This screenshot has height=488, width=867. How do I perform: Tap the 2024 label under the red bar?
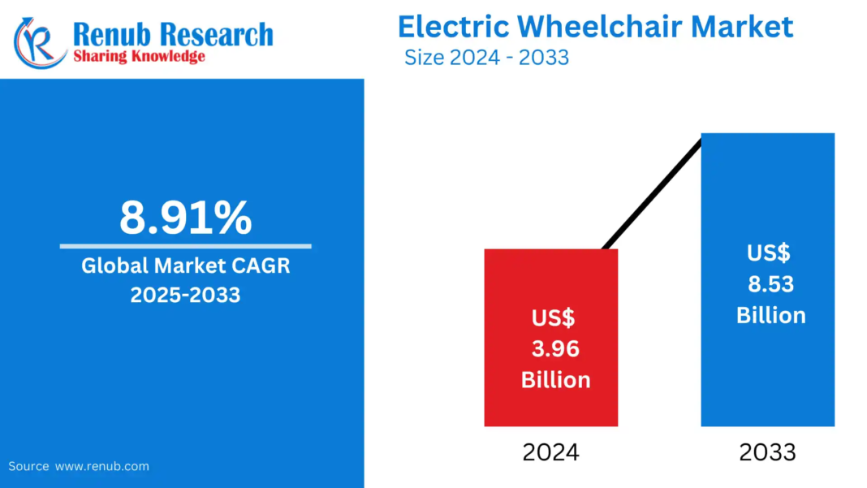[x=550, y=452]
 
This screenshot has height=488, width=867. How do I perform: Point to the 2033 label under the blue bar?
[x=767, y=452]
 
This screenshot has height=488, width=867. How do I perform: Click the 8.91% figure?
[x=185, y=218]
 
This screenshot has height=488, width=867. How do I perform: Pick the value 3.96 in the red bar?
[x=555, y=349]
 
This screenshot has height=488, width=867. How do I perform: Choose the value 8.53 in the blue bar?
[x=770, y=284]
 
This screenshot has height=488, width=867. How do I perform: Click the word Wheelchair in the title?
[x=599, y=27]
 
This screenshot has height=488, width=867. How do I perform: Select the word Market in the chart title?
[x=741, y=27]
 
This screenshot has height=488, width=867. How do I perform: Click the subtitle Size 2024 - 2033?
[x=486, y=58]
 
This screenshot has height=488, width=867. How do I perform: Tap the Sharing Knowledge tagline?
[x=139, y=56]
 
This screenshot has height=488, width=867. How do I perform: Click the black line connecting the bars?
[x=652, y=193]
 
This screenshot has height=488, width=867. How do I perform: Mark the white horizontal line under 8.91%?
[x=185, y=245]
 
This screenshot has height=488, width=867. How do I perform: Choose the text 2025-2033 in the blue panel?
[x=185, y=295]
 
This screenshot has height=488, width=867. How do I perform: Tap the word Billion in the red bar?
[x=555, y=379]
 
